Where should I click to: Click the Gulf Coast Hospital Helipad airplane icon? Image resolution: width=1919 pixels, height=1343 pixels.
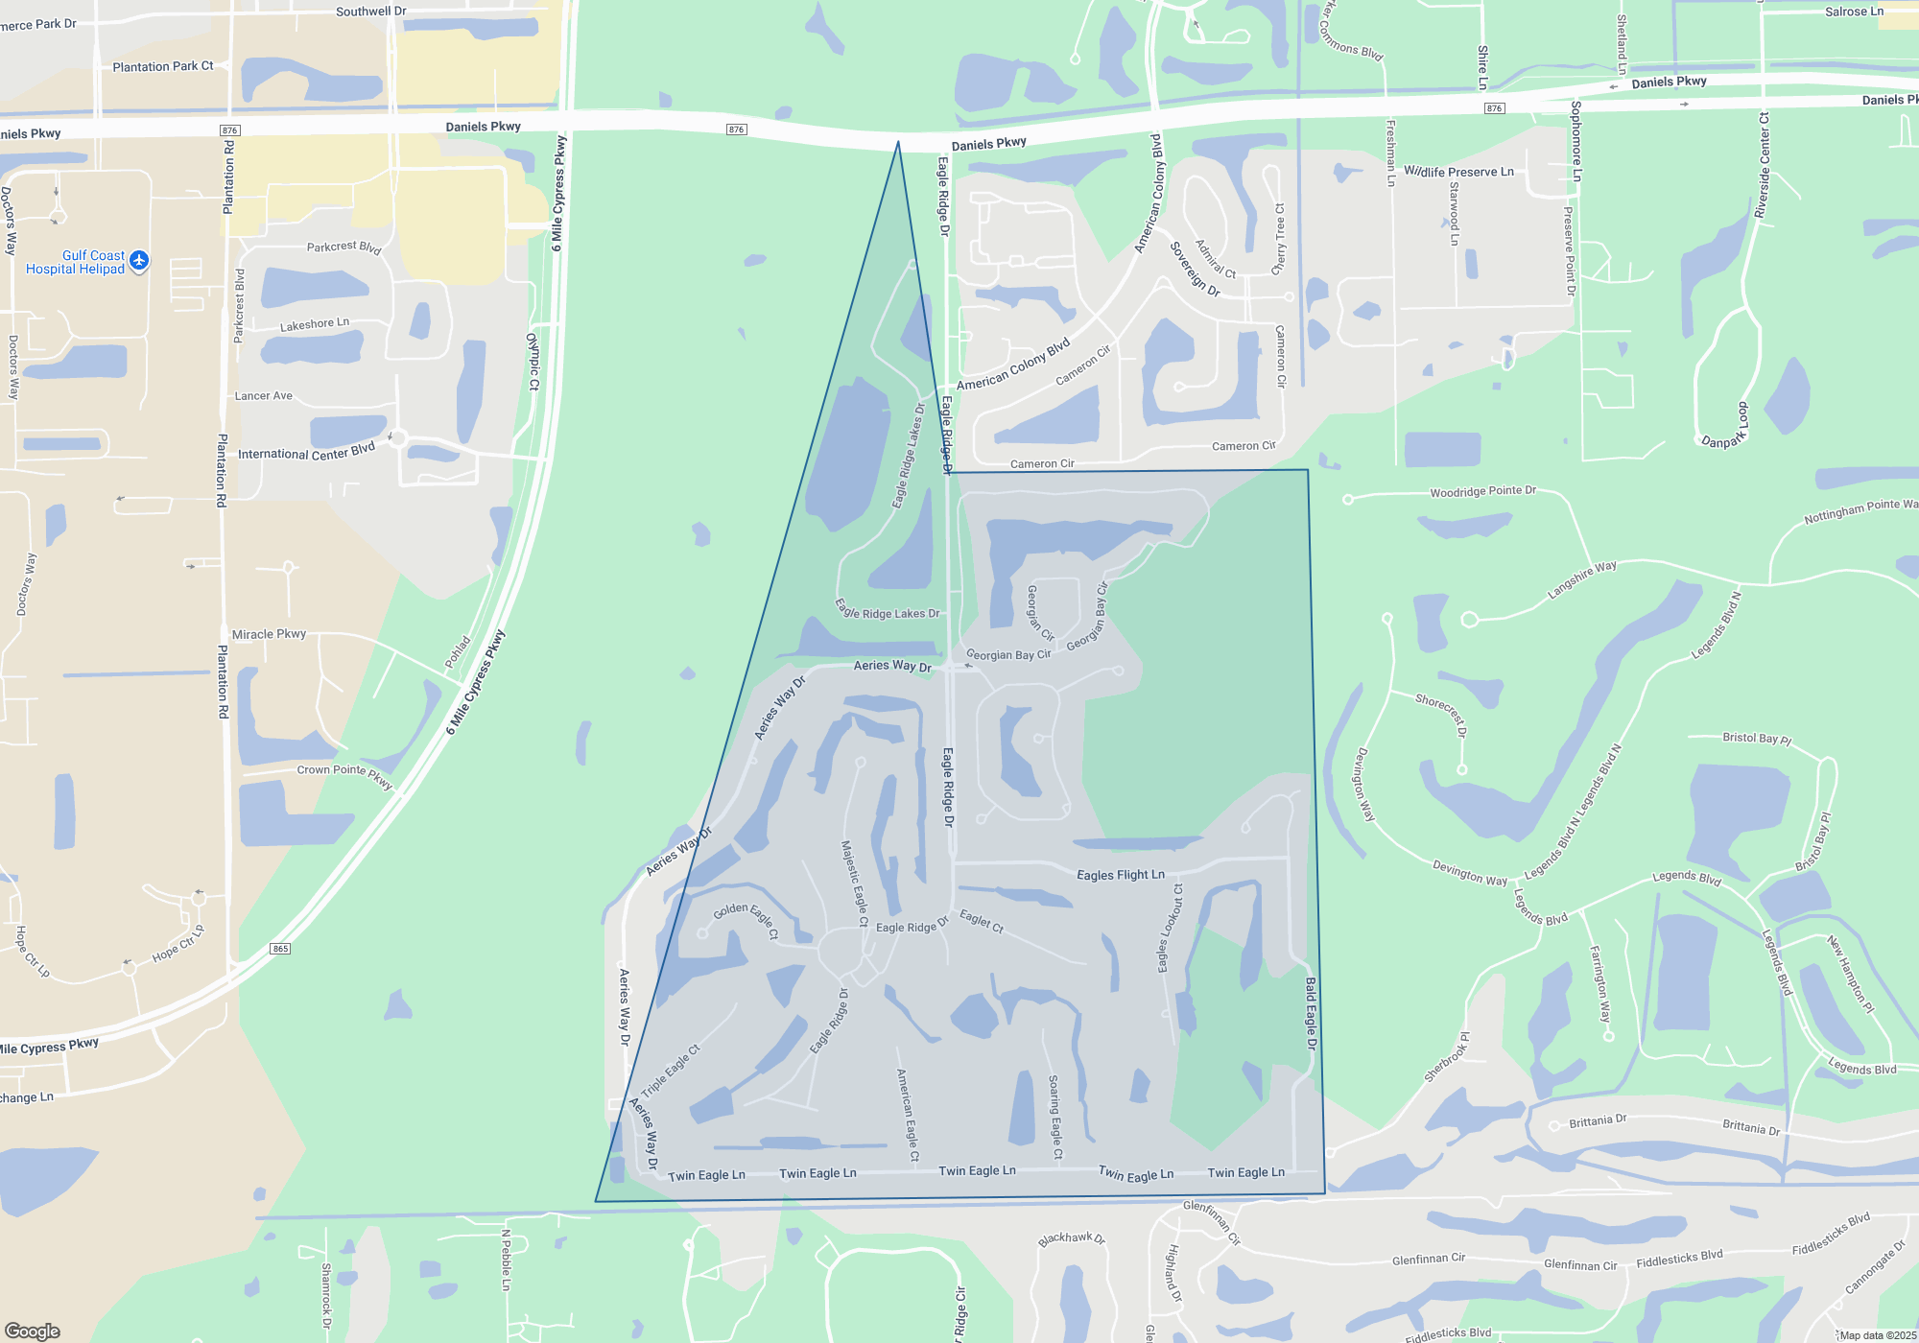[x=139, y=260]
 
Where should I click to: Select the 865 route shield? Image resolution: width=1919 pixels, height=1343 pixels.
[x=280, y=949]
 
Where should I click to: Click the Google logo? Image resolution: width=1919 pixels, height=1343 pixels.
[x=33, y=1331]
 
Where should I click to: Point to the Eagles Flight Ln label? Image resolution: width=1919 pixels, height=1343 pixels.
[x=1120, y=875]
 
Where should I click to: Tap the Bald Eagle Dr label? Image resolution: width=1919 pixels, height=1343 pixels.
[x=1311, y=1014]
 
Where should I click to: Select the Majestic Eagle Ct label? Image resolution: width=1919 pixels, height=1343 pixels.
[x=854, y=884]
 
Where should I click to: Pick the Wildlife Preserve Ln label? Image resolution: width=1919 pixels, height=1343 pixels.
[x=1458, y=172]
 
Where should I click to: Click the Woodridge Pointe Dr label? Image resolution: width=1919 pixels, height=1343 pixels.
[x=1482, y=491]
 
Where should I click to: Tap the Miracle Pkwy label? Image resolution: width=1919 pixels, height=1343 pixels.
[x=269, y=634]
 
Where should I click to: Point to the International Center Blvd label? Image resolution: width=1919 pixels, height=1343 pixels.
[x=306, y=452]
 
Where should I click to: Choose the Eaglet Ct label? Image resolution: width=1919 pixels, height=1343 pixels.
[x=981, y=921]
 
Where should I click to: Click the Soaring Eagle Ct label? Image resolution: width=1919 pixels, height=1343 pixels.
[x=1055, y=1117]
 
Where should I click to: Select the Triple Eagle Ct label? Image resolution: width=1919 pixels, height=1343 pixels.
[x=671, y=1070]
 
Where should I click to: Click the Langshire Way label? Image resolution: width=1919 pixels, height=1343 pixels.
[x=1581, y=580]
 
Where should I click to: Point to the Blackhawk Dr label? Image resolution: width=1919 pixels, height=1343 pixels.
[x=1071, y=1238]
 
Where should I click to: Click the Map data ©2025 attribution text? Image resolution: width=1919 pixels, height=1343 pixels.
[x=1878, y=1335]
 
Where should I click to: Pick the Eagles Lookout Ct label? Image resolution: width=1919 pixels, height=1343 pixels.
[x=1170, y=928]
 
